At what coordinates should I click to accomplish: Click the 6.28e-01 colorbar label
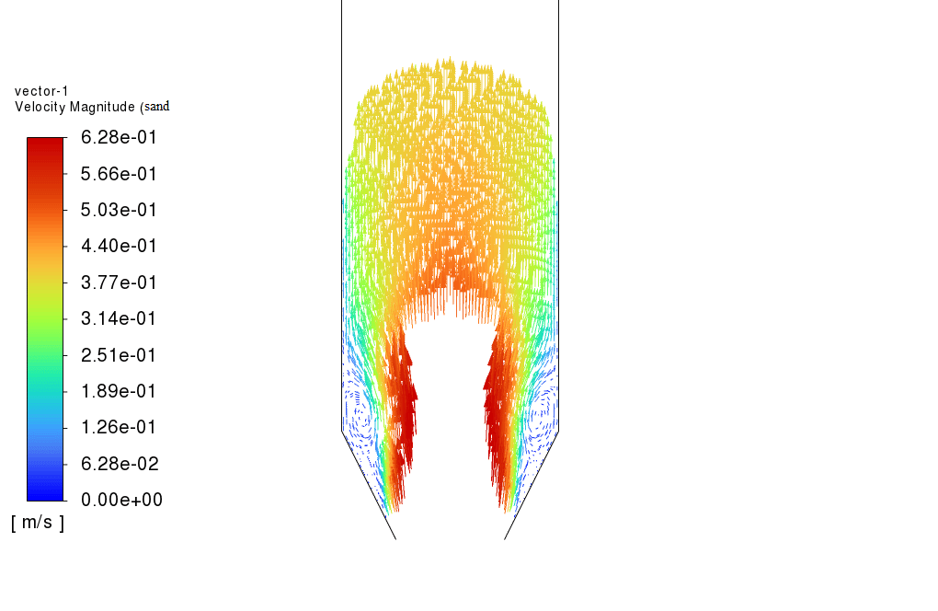click(x=119, y=138)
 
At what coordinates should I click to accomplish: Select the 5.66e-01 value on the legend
click(x=119, y=174)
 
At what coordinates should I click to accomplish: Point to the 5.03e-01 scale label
click(x=119, y=210)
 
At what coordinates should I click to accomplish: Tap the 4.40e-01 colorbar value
click(x=119, y=246)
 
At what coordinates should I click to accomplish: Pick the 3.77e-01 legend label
click(x=119, y=282)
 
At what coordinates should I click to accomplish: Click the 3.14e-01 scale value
click(x=119, y=318)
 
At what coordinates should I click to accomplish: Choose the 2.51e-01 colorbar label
click(x=119, y=355)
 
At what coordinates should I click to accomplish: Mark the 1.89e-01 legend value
click(x=119, y=391)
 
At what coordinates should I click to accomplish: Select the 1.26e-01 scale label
click(x=119, y=427)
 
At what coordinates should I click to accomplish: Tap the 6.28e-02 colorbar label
click(x=120, y=464)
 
